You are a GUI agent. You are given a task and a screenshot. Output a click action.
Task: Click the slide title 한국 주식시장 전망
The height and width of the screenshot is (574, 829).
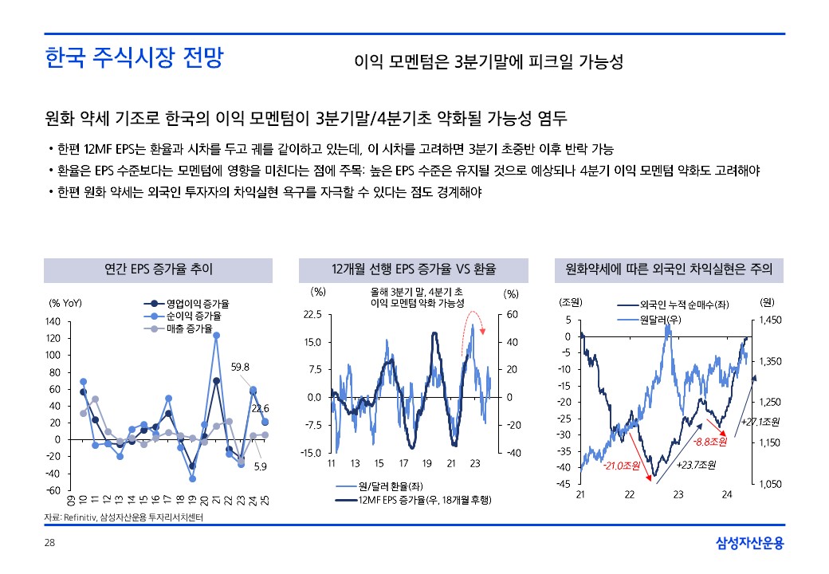point(134,59)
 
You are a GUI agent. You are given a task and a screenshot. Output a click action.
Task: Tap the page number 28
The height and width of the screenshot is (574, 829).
point(49,544)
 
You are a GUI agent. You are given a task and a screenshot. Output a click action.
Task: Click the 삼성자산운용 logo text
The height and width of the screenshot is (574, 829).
point(749,544)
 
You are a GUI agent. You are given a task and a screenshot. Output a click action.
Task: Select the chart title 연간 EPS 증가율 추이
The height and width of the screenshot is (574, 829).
point(159,269)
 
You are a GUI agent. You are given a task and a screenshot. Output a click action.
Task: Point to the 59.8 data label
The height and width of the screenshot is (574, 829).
point(241,368)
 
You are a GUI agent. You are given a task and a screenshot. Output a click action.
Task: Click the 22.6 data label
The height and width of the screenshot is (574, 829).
point(261,408)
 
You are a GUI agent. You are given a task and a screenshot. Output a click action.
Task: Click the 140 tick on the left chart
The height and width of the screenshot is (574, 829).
point(53,321)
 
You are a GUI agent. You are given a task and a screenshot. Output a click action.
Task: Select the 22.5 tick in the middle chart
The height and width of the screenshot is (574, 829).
point(312,315)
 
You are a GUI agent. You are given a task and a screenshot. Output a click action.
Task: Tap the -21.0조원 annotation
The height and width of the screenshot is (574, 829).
point(622,466)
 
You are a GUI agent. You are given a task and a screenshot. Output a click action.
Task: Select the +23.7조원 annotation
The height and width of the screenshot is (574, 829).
point(695,466)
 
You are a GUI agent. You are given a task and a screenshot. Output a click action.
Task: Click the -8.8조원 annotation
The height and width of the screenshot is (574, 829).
point(709,440)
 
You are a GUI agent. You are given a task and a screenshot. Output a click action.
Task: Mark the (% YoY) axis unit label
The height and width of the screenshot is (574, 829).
point(65,303)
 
